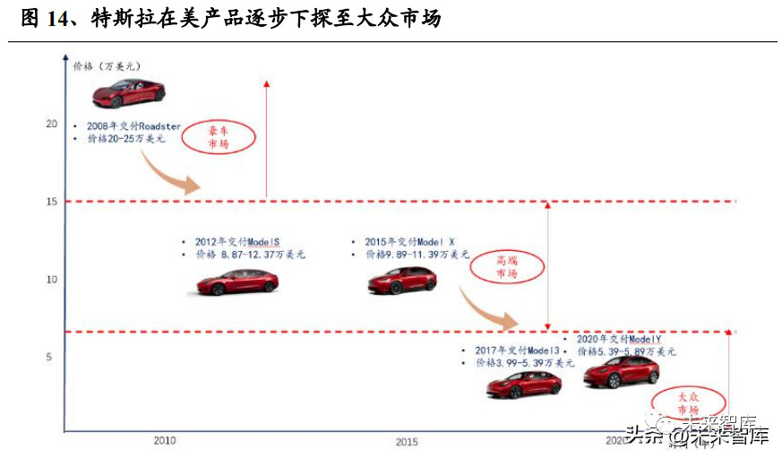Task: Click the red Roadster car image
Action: coord(128,92)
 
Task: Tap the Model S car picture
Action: coord(237,282)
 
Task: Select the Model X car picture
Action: coord(401,281)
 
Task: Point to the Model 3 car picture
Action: coord(524,385)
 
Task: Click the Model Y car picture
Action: coord(621,371)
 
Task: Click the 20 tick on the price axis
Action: coord(51,124)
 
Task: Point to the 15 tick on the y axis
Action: coord(51,202)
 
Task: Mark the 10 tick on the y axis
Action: coord(51,280)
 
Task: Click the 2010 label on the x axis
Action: coord(165,441)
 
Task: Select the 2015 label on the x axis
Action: coord(407,442)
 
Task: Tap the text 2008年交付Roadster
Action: coord(133,126)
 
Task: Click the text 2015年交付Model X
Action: coord(409,242)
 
